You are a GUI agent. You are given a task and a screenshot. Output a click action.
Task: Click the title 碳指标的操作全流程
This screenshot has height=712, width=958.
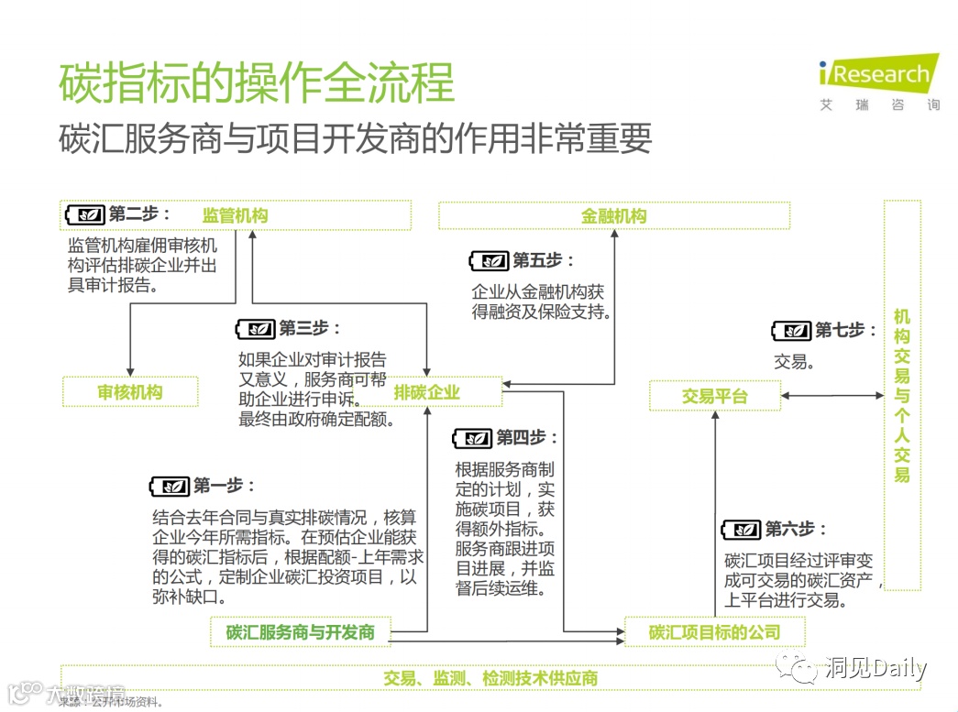pos(257,83)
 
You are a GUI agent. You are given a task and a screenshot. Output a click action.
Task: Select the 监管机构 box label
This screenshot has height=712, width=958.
pos(236,216)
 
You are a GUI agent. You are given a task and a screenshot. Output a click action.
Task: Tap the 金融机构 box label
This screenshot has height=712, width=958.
pos(613,216)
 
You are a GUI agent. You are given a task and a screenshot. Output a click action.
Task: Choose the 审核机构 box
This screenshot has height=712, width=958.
pos(130,392)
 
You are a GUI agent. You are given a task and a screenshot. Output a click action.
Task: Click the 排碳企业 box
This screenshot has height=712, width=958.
pos(426,392)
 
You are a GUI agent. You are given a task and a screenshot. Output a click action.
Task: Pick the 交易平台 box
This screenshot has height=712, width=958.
pos(715,396)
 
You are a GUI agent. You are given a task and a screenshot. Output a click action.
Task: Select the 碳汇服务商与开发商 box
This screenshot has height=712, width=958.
pos(301,632)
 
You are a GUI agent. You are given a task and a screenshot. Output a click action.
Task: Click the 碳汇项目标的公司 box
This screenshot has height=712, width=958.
pos(714,632)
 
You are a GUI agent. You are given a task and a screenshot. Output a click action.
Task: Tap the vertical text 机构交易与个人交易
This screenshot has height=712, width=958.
pos(902,395)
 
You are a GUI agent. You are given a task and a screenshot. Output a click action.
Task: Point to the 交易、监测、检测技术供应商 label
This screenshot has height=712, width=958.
pos(490,678)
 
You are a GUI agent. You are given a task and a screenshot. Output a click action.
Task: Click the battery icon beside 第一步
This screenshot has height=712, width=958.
pos(170,487)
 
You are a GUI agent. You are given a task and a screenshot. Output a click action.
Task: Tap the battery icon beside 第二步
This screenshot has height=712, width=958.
pos(85,214)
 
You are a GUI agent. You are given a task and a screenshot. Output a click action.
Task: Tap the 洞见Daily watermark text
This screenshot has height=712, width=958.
pos(875,668)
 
